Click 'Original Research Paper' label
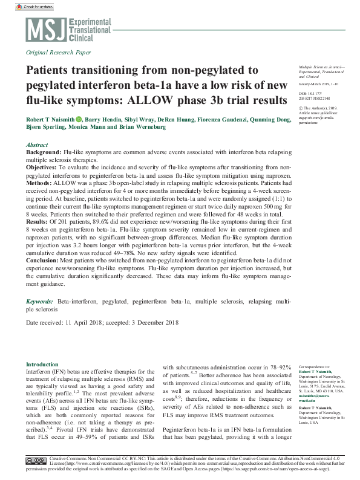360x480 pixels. pos(59,53)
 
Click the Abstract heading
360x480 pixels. pos(38,146)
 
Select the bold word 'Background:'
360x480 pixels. pos(44,153)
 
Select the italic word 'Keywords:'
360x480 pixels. pos(39,301)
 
